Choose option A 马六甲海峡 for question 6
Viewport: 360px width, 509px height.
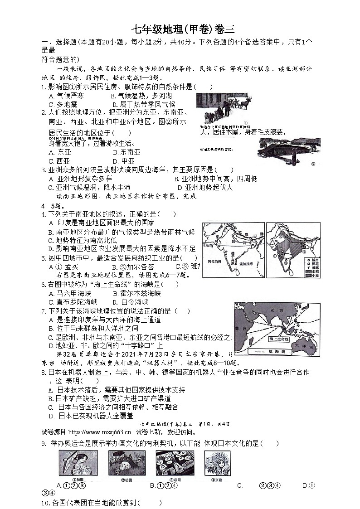click(73, 293)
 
